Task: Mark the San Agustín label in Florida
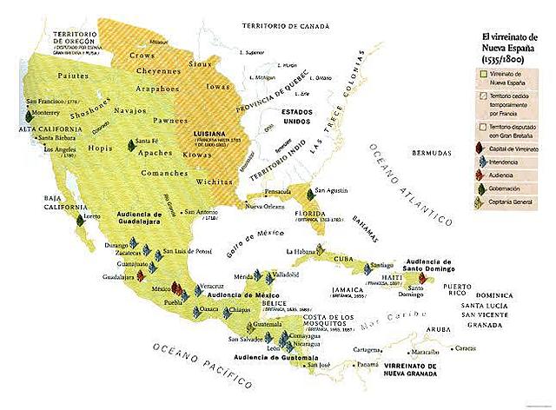tap(333, 190)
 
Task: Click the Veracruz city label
tap(213, 285)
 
